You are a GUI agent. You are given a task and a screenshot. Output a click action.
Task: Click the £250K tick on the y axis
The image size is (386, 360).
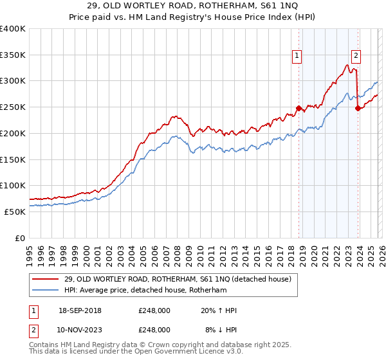click(x=14, y=107)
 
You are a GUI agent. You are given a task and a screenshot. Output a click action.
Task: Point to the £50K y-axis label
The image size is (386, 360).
click(x=14, y=212)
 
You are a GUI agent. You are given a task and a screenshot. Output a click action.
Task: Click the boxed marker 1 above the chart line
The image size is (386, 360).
click(x=297, y=56)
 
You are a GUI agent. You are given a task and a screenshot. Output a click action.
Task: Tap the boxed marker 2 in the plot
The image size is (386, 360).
click(x=356, y=56)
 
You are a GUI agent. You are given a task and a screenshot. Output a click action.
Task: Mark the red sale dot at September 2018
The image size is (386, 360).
click(x=298, y=108)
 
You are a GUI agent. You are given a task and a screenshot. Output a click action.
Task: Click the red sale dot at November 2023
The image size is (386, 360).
click(x=357, y=108)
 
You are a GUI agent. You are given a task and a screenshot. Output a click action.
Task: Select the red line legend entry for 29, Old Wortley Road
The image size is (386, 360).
click(x=178, y=279)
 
